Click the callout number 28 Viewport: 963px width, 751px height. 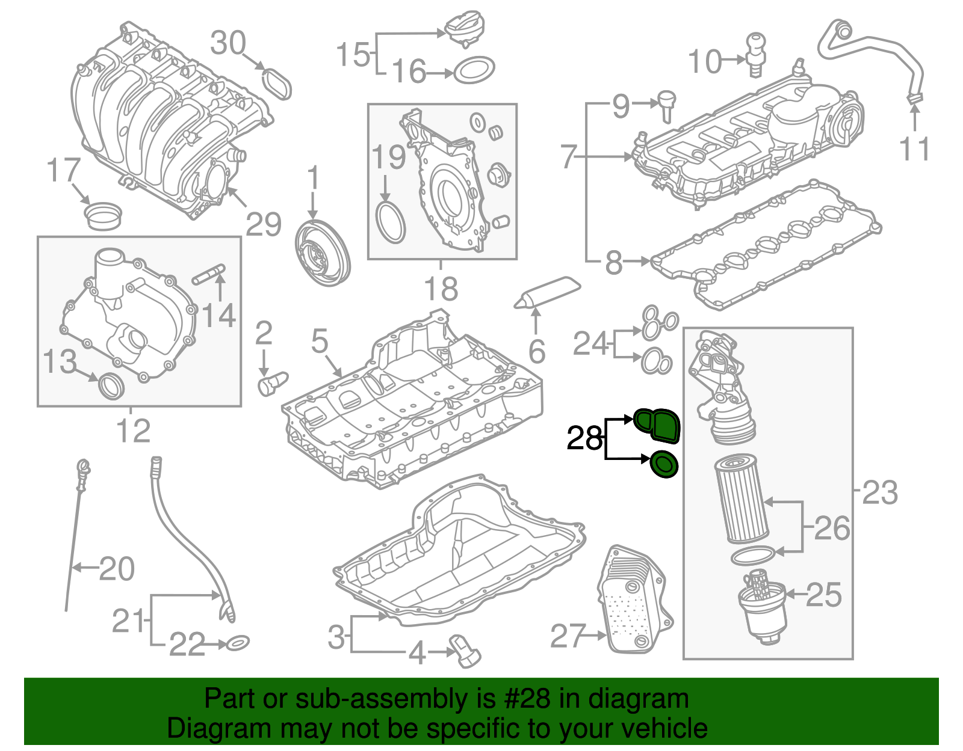(x=584, y=438)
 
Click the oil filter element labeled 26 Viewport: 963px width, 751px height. (x=741, y=499)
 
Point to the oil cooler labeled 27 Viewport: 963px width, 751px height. (x=634, y=601)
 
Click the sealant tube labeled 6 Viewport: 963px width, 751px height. (x=548, y=292)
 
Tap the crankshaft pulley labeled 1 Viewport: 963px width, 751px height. (x=323, y=253)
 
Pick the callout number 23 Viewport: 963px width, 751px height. (x=879, y=493)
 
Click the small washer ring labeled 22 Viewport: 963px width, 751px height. (x=238, y=643)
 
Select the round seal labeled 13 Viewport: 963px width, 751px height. (x=112, y=385)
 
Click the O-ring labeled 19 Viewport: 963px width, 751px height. (x=390, y=222)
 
